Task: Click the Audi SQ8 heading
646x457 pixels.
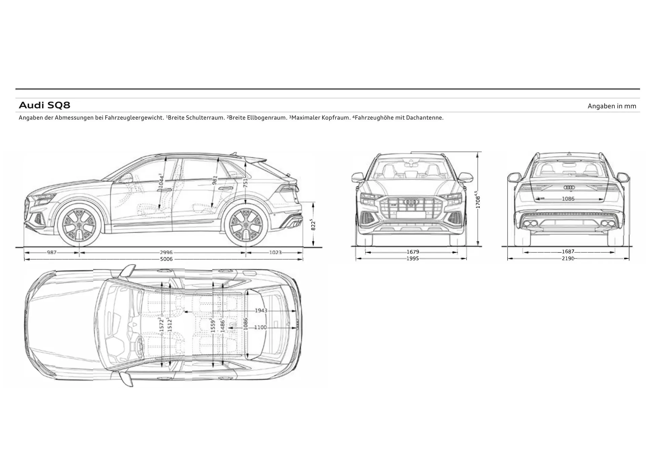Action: pos(44,105)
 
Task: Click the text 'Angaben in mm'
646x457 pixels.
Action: pos(612,106)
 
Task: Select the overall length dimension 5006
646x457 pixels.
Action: pos(166,259)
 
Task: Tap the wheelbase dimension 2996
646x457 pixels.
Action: pos(166,252)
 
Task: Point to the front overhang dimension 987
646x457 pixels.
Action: pos(52,252)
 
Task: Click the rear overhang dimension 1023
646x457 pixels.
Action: pos(275,252)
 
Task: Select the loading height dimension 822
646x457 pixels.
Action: pos(313,224)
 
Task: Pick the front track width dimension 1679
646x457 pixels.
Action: pos(413,252)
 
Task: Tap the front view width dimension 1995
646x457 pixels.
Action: pos(412,258)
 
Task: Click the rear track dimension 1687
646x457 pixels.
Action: pos(568,251)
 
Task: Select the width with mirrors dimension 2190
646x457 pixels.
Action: pos(568,258)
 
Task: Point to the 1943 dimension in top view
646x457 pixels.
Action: pos(261,310)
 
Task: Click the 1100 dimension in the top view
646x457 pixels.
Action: pos(260,327)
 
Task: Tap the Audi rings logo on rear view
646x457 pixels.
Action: pos(569,187)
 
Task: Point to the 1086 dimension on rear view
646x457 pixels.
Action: pos(568,199)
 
